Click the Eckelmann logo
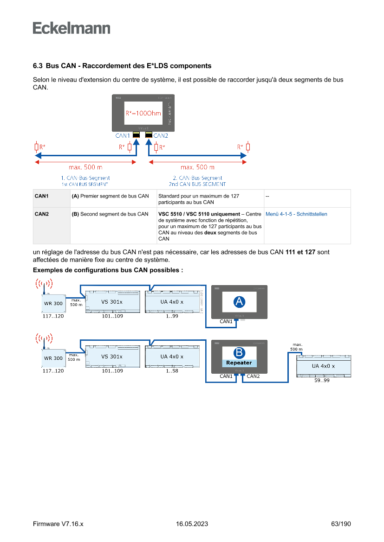pos(72,28)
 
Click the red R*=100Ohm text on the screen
pos(143,113)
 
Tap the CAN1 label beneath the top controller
pos(123,136)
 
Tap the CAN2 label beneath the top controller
pos(161,136)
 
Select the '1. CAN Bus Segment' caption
pos(85,178)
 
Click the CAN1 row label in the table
pos(42,196)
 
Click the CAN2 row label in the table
pos(42,214)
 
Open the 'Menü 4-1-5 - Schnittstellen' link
pos(296,214)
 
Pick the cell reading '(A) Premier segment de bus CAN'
pos(111,196)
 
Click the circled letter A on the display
pos(239,302)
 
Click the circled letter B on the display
pos(239,353)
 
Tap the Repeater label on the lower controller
pos(239,363)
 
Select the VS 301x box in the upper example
pos(112,302)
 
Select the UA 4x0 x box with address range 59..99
pos(323,366)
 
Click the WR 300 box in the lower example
pos(53,358)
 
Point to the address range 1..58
pos(172,371)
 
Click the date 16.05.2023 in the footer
pos(192,524)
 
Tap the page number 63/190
pos(341,524)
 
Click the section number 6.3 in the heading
pos(38,66)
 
